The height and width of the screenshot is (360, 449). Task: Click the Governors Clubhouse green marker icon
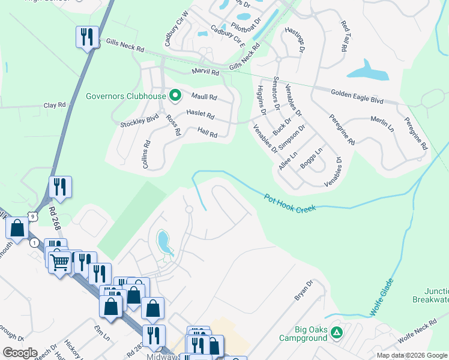click(175, 95)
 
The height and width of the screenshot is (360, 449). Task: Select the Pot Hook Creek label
click(290, 205)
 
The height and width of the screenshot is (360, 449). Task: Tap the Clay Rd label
click(55, 105)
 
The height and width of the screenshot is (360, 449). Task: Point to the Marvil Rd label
click(205, 72)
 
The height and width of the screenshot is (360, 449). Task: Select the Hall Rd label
click(207, 132)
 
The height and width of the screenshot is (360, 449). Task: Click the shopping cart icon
click(60, 261)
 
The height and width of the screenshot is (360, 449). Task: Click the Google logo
click(20, 353)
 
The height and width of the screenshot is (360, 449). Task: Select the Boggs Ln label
click(312, 158)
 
